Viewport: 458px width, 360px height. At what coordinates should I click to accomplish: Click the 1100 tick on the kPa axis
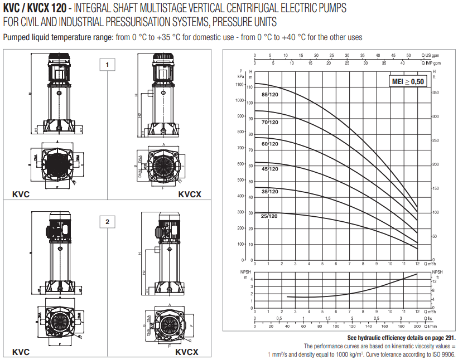pyautogui.click(x=239, y=85)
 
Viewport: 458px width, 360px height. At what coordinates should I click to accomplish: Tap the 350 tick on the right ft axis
pyautogui.click(x=436, y=93)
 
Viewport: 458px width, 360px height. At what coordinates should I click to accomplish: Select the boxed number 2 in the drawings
pyautogui.click(x=107, y=222)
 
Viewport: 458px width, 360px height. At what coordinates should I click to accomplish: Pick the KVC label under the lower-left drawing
pyautogui.click(x=21, y=352)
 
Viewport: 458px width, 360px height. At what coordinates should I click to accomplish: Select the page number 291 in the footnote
pyautogui.click(x=450, y=338)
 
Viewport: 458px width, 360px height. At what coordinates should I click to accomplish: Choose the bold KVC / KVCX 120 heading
pyautogui.click(x=35, y=9)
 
